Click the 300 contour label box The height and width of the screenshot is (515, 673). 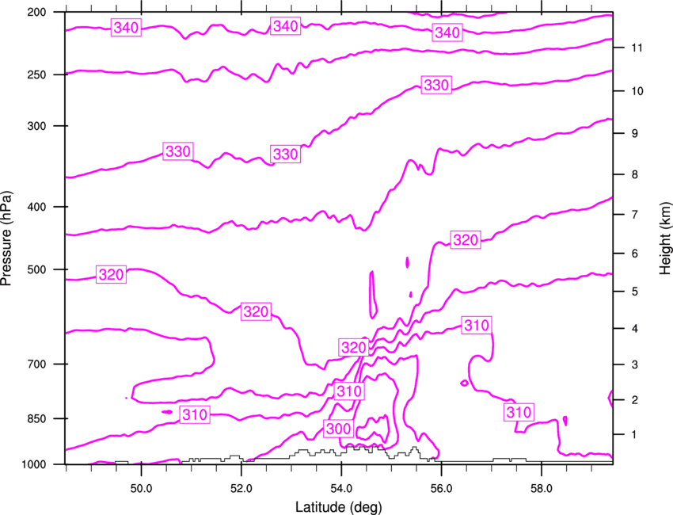pos(339,428)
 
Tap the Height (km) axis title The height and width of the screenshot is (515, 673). pos(665,238)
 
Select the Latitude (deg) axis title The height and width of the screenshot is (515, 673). pos(338,507)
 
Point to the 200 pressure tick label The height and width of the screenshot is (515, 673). pos(36,12)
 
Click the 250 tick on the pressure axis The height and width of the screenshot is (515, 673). pos(36,74)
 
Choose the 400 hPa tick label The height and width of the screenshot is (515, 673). pos(36,207)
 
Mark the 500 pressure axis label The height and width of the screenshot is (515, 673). pos(36,269)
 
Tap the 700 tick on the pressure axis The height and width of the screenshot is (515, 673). pos(36,364)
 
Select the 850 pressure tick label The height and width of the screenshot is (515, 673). pos(36,419)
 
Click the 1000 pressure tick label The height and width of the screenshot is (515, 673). pos(33,464)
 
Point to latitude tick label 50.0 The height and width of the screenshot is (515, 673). pos(141,489)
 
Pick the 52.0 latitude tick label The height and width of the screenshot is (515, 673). pos(241,489)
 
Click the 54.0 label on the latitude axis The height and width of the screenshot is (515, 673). pos(341,489)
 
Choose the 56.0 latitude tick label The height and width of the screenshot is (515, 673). pos(441,489)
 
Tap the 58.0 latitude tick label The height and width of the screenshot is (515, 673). pos(542,489)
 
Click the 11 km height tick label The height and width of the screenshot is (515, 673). pos(637,48)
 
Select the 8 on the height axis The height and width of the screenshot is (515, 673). pos(634,174)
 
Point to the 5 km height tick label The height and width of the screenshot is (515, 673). pos(634,292)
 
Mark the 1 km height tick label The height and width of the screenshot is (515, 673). pos(634,435)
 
